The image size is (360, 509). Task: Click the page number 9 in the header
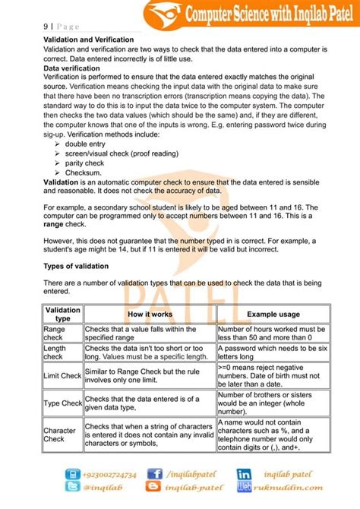[44, 24]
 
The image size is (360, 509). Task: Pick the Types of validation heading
[75, 266]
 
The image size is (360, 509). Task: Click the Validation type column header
[62, 315]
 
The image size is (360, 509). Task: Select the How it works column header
[149, 314]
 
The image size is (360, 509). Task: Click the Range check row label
[55, 333]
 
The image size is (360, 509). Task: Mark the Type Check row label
[62, 403]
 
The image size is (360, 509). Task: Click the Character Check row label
[59, 434]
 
